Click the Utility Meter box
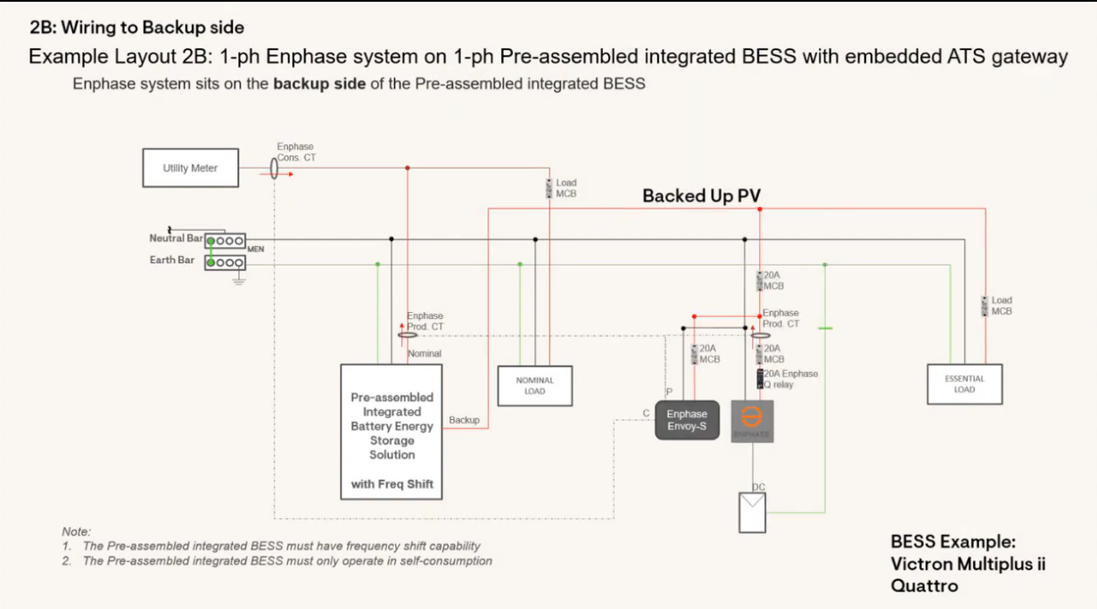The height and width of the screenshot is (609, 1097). tap(190, 168)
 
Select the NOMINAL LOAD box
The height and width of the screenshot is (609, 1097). tap(534, 386)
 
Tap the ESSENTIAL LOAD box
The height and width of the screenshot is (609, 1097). tap(964, 384)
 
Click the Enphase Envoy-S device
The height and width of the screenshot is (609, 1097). tap(687, 420)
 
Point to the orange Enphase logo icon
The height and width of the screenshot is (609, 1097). tap(752, 419)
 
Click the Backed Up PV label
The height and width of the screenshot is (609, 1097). tap(701, 195)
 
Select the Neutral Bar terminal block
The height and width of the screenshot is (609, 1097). tap(225, 241)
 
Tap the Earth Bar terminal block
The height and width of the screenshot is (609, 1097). tap(225, 262)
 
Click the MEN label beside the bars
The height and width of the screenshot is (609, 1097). tap(256, 249)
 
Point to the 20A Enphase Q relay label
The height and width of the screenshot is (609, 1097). tap(790, 379)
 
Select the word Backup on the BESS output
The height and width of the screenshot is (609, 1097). tap(464, 420)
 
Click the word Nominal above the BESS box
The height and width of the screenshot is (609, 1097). tap(425, 354)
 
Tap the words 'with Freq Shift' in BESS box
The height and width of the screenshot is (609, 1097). tap(392, 485)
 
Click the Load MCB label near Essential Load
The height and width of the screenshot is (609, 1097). tap(1002, 306)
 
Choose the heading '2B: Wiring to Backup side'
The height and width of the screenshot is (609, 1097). tap(136, 28)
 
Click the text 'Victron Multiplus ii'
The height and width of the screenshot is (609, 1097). tap(968, 564)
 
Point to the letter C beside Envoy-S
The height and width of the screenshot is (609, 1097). tap(646, 413)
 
